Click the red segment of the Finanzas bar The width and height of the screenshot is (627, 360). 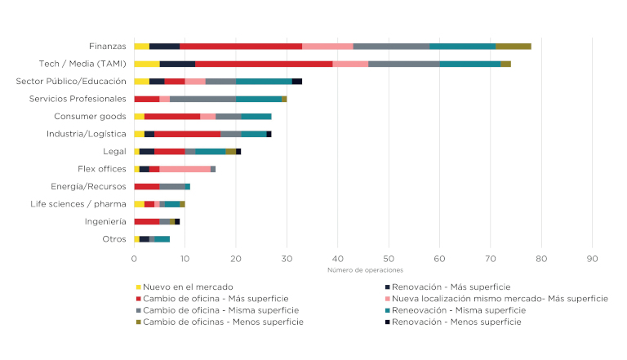pyautogui.click(x=241, y=46)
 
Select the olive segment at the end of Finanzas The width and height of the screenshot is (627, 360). pyautogui.click(x=514, y=46)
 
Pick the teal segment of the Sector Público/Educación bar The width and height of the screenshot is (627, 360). pyautogui.click(x=265, y=81)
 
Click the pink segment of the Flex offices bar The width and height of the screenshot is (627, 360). pyautogui.click(x=185, y=169)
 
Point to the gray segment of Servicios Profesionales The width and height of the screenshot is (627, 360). pyautogui.click(x=203, y=99)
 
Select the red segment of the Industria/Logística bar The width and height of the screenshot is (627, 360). pyautogui.click(x=187, y=134)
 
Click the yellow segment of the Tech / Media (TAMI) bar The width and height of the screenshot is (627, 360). pyautogui.click(x=147, y=63)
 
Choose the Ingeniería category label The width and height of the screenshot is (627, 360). pyautogui.click(x=105, y=221)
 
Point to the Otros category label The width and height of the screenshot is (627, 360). pyautogui.click(x=114, y=239)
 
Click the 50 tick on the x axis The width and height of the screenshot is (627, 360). pyautogui.click(x=389, y=258)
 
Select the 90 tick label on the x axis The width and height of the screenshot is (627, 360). pyautogui.click(x=593, y=258)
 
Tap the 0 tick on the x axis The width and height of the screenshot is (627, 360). pyautogui.click(x=134, y=258)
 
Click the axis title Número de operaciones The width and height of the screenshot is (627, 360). pyautogui.click(x=365, y=270)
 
